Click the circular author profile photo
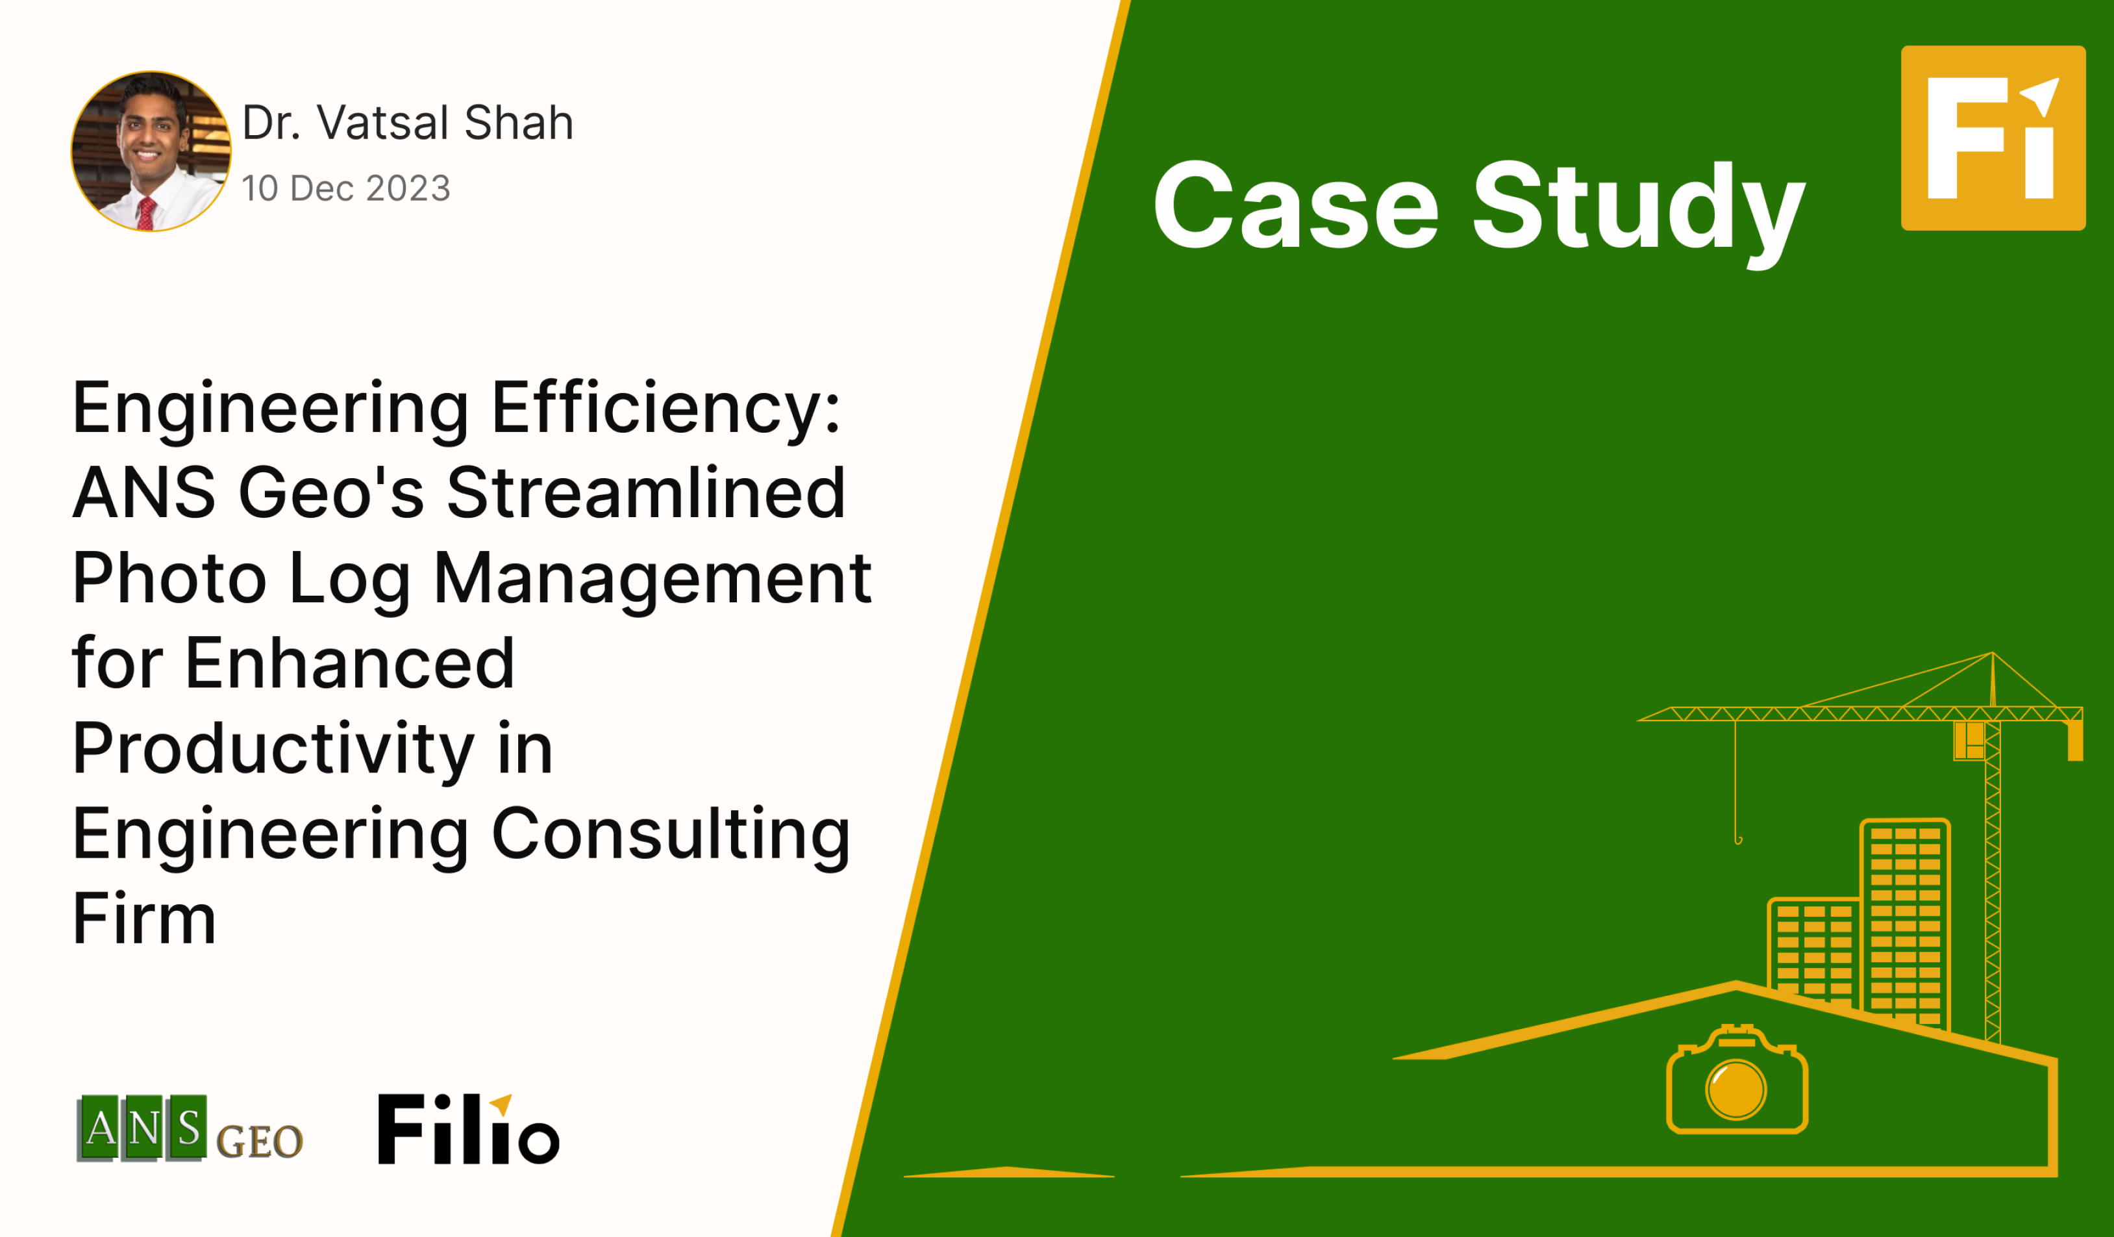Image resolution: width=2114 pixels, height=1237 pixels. pyautogui.click(x=151, y=151)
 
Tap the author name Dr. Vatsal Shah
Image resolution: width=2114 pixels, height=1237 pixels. pyautogui.click(x=408, y=123)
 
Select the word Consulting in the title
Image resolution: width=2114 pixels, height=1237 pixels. pyautogui.click(x=671, y=837)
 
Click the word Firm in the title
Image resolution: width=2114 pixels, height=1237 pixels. pyautogui.click(x=144, y=919)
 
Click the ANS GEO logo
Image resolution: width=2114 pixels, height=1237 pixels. pyautogui.click(x=190, y=1129)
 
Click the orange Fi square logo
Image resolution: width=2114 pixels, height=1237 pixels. pyautogui.click(x=1993, y=138)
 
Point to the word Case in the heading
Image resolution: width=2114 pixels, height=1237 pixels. pyautogui.click(x=1296, y=205)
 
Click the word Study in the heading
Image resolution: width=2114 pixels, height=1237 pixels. pyautogui.click(x=1638, y=214)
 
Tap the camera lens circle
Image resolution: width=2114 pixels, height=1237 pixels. pyautogui.click(x=1735, y=1090)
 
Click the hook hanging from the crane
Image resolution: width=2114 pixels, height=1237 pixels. pyautogui.click(x=1738, y=839)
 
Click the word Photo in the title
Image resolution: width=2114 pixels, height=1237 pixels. pyautogui.click(x=169, y=578)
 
